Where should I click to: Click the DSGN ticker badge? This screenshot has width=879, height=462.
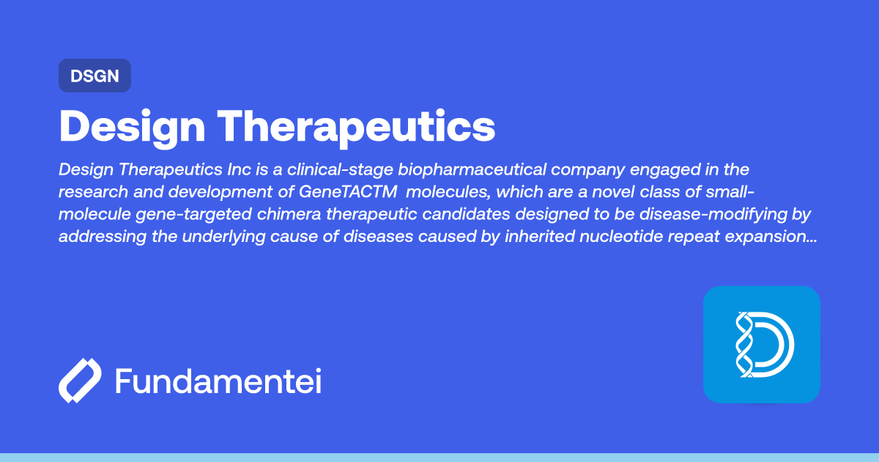coord(94,76)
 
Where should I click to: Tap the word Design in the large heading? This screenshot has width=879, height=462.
coord(132,126)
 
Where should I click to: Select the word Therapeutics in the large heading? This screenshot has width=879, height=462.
coord(357,126)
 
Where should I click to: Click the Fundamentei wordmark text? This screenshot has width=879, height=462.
coord(218,381)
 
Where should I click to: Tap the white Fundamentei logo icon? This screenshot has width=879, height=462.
coord(79,381)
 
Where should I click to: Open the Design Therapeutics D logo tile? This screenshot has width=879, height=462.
coord(761,344)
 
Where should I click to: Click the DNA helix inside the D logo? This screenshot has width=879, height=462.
coord(744,345)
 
